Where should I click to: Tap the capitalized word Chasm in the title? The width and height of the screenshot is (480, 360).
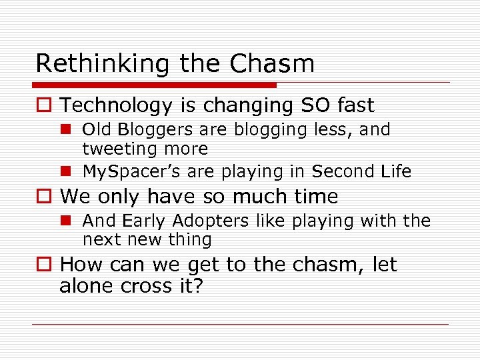point(271,64)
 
